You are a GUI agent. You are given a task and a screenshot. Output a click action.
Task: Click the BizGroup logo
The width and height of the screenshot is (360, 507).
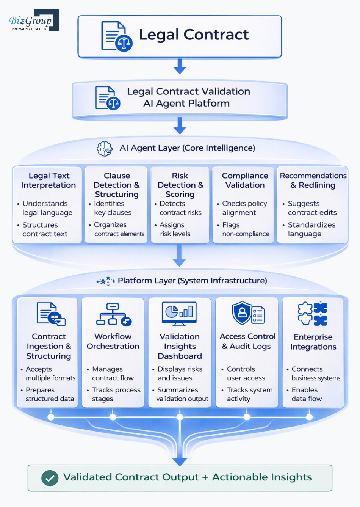click(33, 21)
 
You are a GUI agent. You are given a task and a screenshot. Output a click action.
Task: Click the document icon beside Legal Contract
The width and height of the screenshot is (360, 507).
click(116, 36)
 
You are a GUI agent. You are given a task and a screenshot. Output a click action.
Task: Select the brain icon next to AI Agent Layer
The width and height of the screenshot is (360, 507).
click(105, 149)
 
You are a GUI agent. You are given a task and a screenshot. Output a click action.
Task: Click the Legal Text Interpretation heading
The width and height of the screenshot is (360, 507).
click(49, 181)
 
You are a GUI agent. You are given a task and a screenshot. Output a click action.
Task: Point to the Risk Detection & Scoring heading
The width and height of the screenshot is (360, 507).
click(180, 185)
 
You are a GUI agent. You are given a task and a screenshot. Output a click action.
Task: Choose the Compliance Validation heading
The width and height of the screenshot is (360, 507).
click(245, 181)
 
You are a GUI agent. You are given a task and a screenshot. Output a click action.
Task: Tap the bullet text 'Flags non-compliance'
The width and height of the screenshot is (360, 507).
click(246, 229)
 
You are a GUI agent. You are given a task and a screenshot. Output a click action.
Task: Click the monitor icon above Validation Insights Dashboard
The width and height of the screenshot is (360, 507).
click(179, 314)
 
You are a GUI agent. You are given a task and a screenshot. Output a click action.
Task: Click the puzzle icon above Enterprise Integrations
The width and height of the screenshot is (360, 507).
click(313, 314)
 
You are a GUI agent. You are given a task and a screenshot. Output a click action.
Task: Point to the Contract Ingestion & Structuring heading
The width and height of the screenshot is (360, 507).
click(49, 346)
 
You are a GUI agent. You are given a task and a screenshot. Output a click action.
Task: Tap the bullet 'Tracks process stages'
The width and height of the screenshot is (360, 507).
click(116, 394)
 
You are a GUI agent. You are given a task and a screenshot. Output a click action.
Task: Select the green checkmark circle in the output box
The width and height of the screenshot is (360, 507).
click(50, 478)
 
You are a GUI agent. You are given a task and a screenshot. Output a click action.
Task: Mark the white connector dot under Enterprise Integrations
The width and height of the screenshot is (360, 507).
click(309, 417)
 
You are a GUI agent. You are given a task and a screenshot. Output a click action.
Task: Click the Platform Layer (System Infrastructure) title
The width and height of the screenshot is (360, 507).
click(192, 281)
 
